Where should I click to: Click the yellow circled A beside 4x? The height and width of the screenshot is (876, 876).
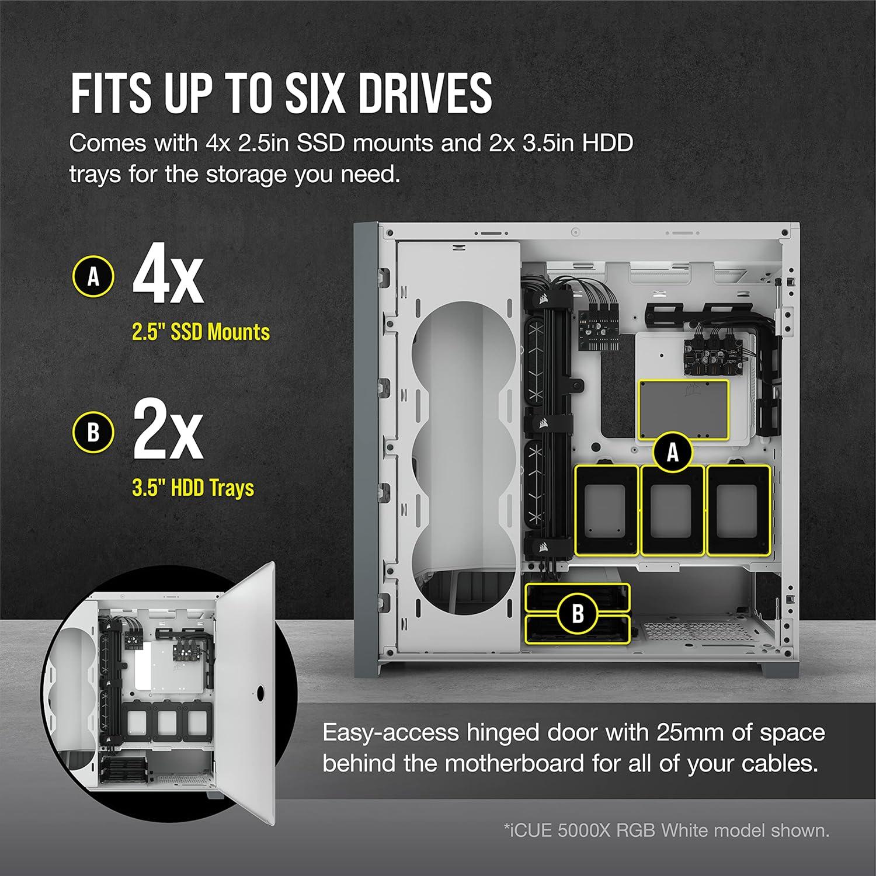[93, 276]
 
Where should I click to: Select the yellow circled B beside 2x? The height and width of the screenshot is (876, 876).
[93, 433]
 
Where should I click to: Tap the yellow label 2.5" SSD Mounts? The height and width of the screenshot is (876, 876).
[201, 332]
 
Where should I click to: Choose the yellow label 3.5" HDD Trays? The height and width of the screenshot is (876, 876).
[193, 488]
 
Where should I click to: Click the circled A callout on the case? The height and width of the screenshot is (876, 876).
[673, 452]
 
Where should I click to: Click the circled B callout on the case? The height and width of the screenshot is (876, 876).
[578, 613]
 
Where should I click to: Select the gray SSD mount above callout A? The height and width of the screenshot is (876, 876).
[683, 410]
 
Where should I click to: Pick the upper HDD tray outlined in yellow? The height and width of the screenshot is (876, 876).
[578, 597]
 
